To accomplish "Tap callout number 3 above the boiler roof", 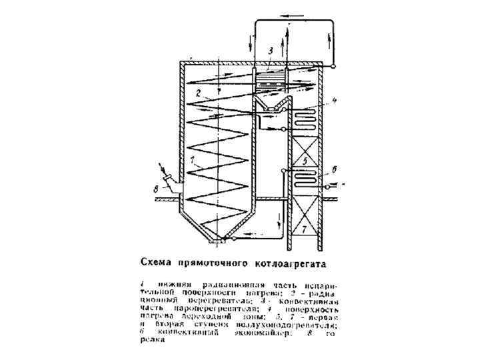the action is point(271,51).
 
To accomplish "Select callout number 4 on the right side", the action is point(335,101).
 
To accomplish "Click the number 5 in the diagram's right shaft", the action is point(303,161).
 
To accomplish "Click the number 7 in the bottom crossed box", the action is point(303,229).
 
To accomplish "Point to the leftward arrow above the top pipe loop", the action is point(291,15).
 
